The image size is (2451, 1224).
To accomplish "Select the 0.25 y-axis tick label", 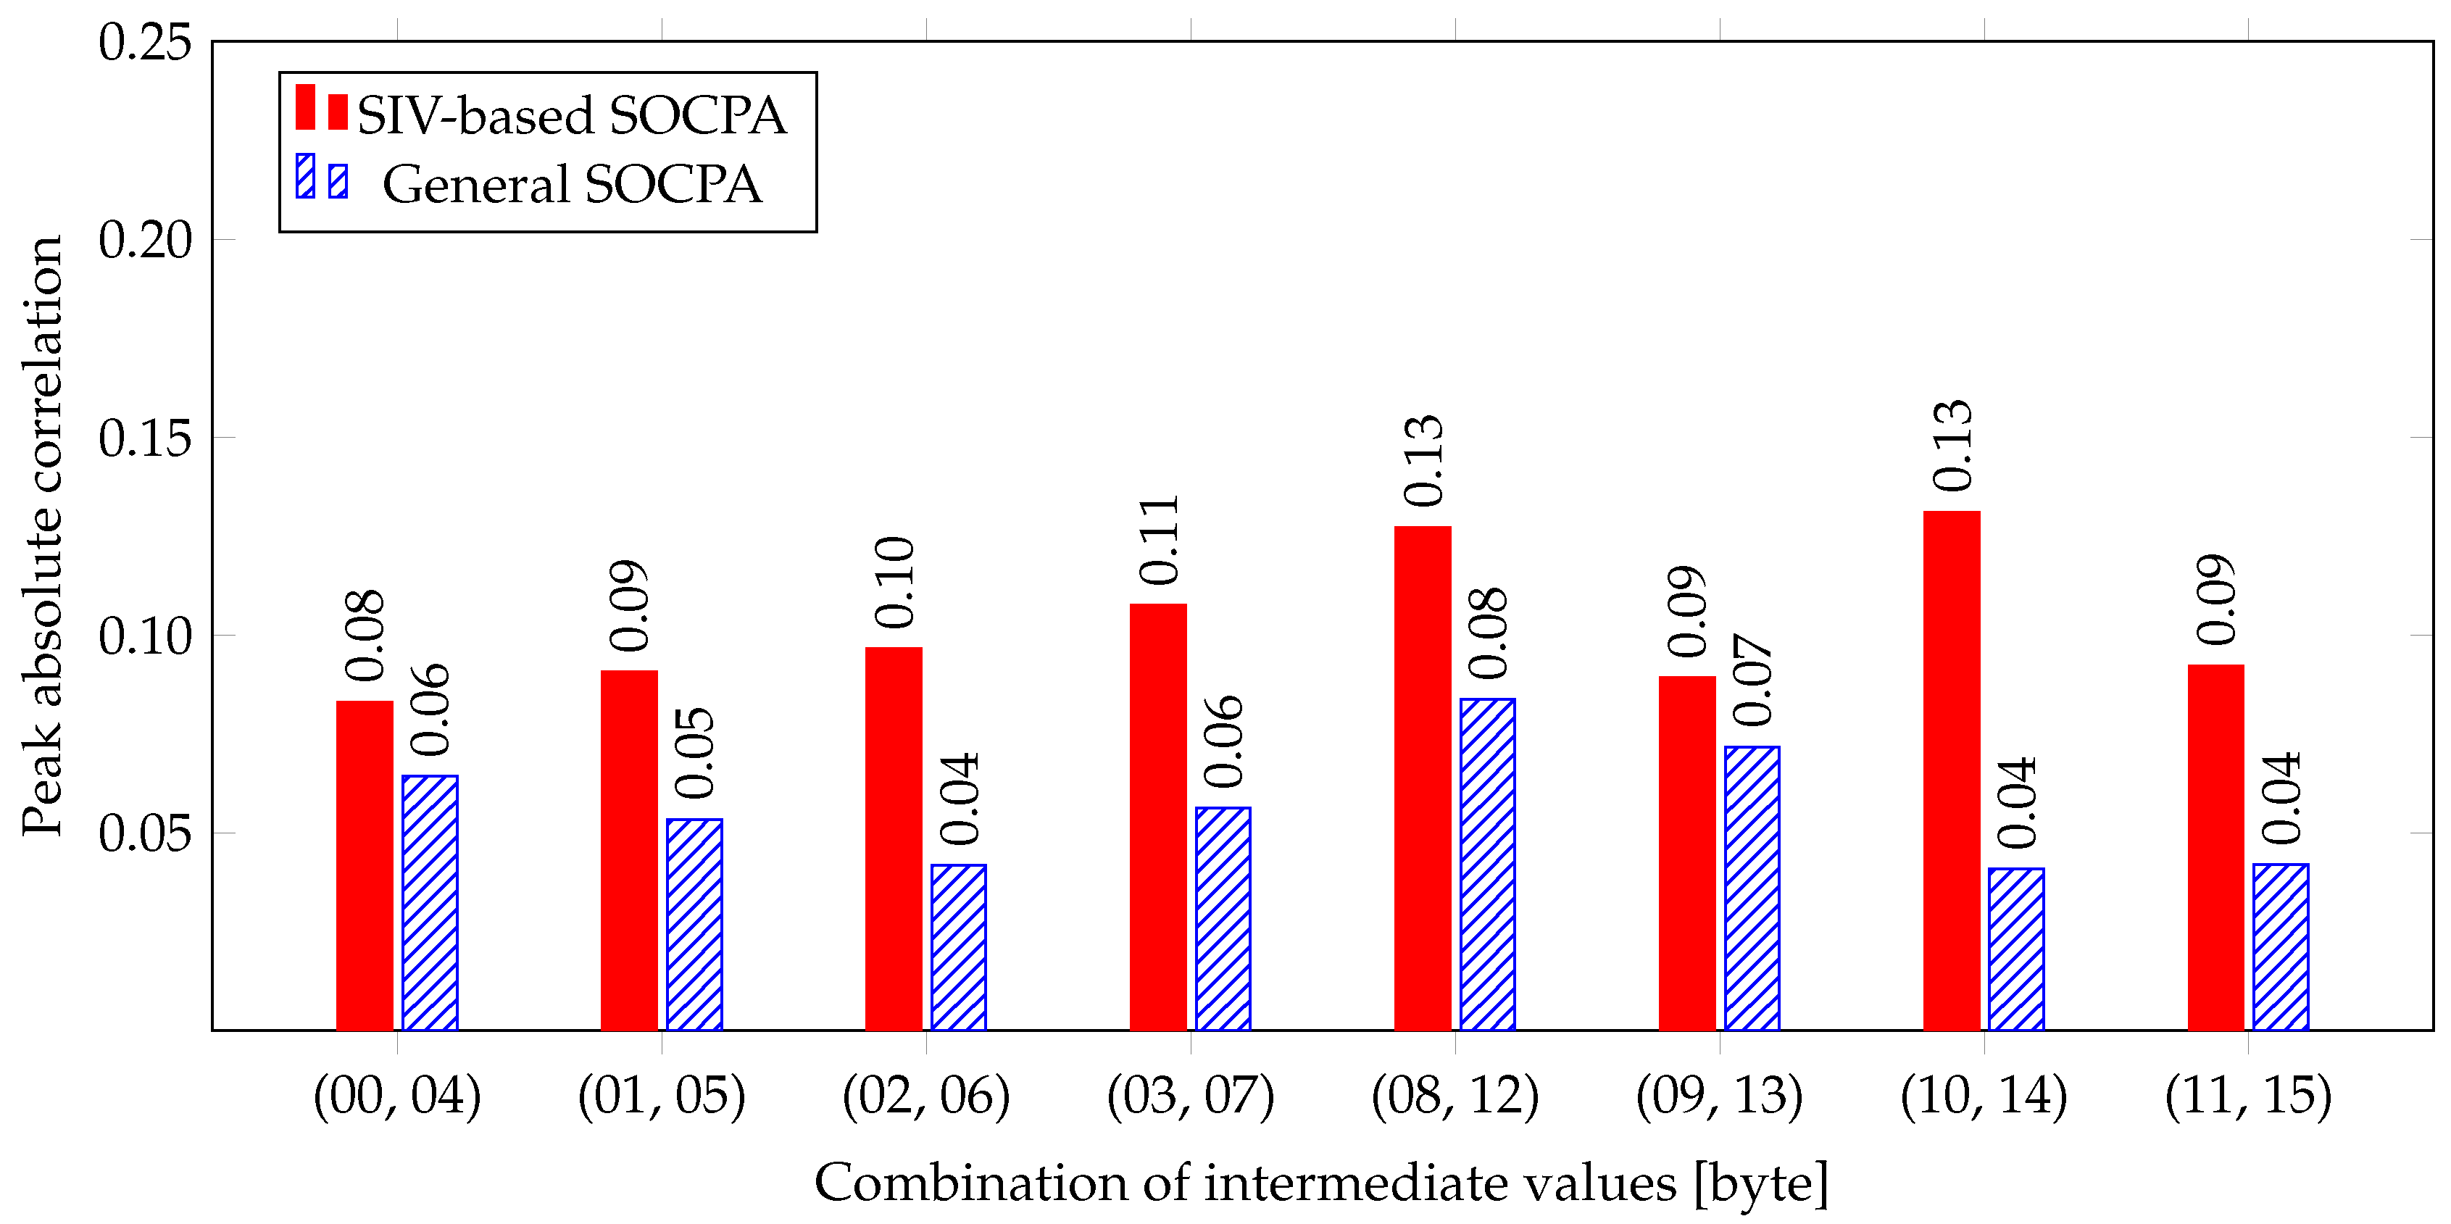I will click(x=145, y=43).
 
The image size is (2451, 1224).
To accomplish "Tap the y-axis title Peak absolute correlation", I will click(x=43, y=536).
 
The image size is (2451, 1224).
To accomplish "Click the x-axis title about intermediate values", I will click(x=1320, y=1183).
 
